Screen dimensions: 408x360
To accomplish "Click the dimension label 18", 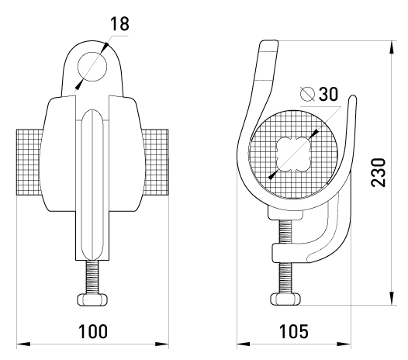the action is coord(119,24).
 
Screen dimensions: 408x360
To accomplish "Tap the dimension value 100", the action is coord(93,331).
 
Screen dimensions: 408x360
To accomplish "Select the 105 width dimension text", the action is coord(293,331).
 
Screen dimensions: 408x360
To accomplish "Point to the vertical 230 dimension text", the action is coord(378,172).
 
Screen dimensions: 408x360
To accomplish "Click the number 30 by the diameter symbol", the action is coord(328,94).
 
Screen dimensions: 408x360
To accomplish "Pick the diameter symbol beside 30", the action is coord(307,94).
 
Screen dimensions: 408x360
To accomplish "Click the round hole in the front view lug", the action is coord(92,67).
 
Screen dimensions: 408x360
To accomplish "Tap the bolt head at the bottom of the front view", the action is coord(92,299).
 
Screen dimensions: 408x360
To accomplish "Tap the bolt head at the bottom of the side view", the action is coord(285,299).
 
